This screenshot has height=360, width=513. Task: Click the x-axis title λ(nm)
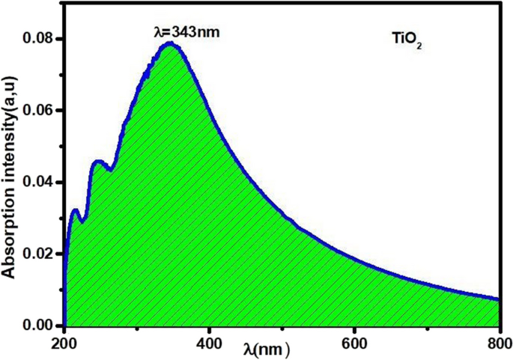(x=267, y=349)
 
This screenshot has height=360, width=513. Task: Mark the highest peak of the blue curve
(x=170, y=43)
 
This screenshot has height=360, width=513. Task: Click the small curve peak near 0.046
(x=98, y=161)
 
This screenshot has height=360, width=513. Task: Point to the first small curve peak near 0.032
(x=75, y=210)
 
